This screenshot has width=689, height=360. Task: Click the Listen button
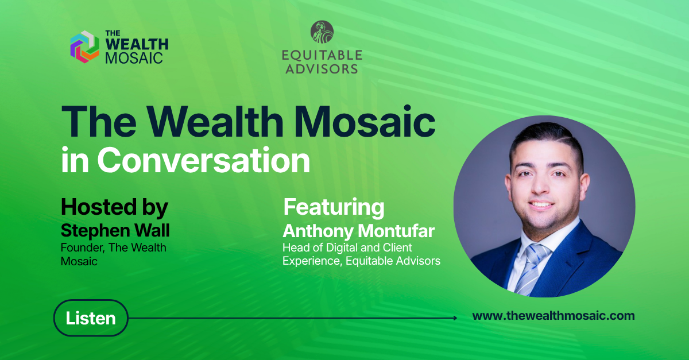(x=91, y=318)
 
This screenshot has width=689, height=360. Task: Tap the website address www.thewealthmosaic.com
(x=553, y=316)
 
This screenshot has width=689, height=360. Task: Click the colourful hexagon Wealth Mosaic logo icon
(x=84, y=47)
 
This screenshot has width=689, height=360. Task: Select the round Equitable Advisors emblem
(x=322, y=32)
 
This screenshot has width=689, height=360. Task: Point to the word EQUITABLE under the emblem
(x=322, y=55)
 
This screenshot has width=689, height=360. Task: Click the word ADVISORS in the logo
(x=322, y=69)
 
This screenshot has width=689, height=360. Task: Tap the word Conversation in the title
(x=204, y=160)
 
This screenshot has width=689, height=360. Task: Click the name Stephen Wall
(x=115, y=230)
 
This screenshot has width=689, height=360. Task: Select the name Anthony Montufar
(x=359, y=231)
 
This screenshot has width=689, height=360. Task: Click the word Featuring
(x=334, y=207)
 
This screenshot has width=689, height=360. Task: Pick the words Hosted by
(x=114, y=207)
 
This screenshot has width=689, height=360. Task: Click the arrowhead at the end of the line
(x=455, y=318)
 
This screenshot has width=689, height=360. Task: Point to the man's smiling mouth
(x=540, y=204)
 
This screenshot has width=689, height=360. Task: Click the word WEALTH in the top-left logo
(x=137, y=44)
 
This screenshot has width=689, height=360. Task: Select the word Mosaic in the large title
(x=365, y=122)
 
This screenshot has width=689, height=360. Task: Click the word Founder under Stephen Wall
(x=81, y=247)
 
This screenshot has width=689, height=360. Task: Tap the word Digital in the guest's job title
(x=338, y=247)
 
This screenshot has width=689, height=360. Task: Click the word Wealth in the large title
(x=215, y=122)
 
